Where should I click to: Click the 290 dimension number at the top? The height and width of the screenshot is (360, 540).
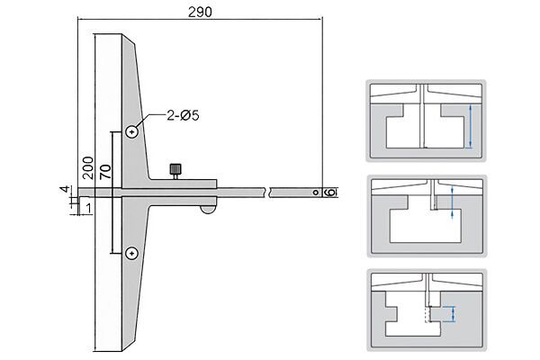tap(200, 12)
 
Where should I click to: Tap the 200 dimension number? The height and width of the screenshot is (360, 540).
tap(88, 167)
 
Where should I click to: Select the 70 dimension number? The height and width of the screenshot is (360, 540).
tap(105, 171)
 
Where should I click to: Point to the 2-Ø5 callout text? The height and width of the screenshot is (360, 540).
tap(183, 116)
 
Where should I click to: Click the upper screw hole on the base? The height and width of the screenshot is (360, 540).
tap(132, 131)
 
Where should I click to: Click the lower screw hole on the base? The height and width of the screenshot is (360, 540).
tap(132, 254)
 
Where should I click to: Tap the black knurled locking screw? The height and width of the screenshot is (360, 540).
tap(175, 171)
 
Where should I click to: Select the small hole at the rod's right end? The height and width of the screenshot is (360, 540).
tap(316, 193)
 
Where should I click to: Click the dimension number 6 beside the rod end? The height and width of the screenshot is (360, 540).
tap(329, 193)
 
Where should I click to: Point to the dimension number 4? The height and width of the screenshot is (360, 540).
tap(65, 190)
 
